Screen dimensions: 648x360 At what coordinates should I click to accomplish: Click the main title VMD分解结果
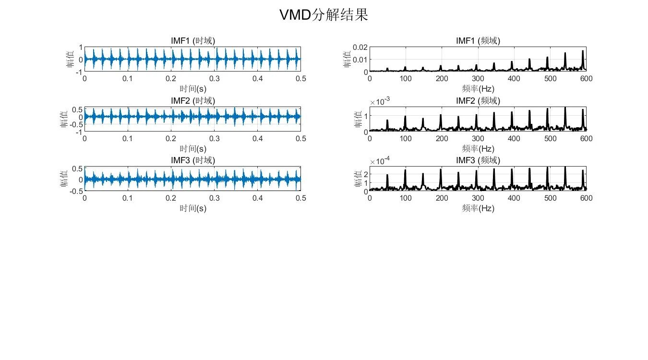324,15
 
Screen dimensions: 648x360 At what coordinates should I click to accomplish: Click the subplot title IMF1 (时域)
193,41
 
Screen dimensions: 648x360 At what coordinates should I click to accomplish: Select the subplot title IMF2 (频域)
478,101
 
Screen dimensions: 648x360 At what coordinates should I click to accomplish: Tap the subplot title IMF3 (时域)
193,160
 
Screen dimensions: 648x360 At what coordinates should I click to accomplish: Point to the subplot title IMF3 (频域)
478,160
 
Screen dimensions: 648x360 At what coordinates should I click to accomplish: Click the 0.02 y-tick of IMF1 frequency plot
360,47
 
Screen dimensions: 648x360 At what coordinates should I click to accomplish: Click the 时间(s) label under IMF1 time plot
193,89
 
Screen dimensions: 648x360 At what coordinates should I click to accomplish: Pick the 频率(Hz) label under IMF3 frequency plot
478,208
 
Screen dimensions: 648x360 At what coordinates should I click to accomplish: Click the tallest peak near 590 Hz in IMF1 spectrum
583,52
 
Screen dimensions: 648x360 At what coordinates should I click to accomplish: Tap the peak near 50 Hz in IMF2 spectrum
387,121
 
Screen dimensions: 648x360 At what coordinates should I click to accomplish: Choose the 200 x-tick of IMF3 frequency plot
442,198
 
